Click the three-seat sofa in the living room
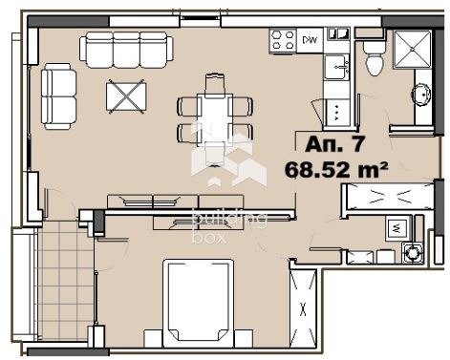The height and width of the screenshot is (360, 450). (127, 47)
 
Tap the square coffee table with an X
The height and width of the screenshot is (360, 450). (127, 95)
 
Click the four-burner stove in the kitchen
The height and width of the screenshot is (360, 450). (282, 40)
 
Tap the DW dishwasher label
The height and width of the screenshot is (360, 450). (310, 40)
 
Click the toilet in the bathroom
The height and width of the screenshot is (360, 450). (375, 62)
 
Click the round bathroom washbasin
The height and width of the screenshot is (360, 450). (421, 95)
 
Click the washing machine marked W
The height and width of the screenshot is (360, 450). (398, 228)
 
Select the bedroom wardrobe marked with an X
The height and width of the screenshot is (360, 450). (304, 307)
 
